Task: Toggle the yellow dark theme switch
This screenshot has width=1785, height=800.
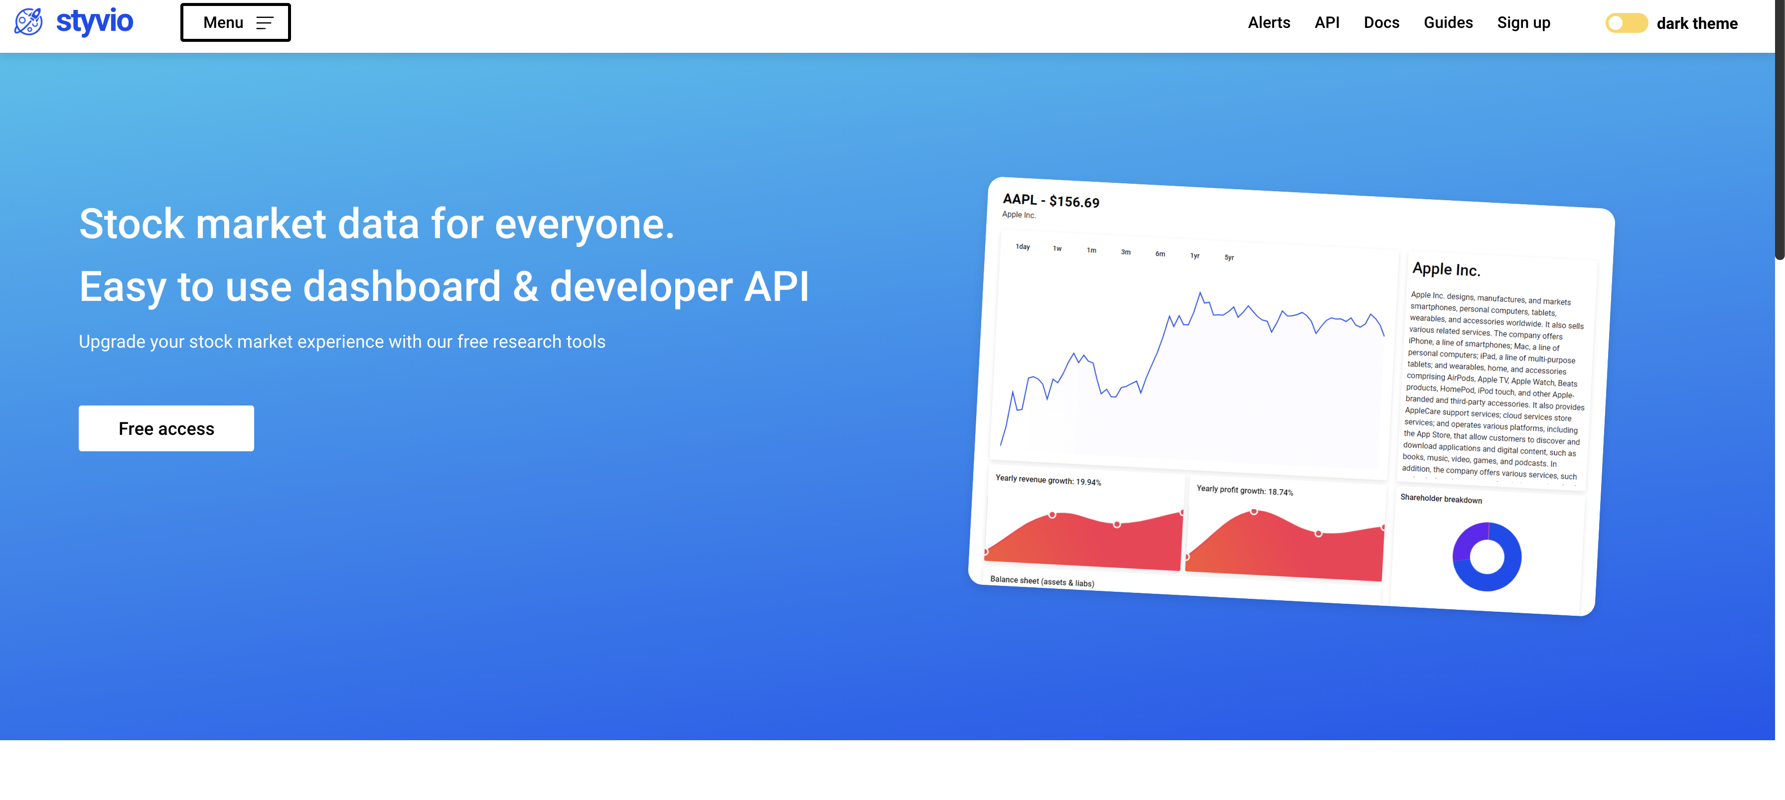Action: pyautogui.click(x=1626, y=23)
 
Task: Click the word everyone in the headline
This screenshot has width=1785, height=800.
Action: pyautogui.click(x=584, y=225)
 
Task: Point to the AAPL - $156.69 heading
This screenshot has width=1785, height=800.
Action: pyautogui.click(x=1050, y=201)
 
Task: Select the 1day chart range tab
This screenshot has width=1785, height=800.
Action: pyautogui.click(x=1023, y=247)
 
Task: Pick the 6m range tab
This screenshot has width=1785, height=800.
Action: pyautogui.click(x=1160, y=254)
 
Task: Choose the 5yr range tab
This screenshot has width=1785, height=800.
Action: pyautogui.click(x=1228, y=258)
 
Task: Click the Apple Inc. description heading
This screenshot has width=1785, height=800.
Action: pyautogui.click(x=1446, y=269)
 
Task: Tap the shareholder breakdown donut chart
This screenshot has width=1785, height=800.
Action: pyautogui.click(x=1487, y=557)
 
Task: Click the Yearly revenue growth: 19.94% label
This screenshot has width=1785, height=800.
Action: pyautogui.click(x=1047, y=480)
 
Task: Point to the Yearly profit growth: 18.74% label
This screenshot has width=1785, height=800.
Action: pyautogui.click(x=1244, y=490)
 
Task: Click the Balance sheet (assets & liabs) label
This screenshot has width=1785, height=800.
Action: pyautogui.click(x=1041, y=581)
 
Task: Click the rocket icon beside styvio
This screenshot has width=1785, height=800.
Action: pyautogui.click(x=28, y=22)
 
